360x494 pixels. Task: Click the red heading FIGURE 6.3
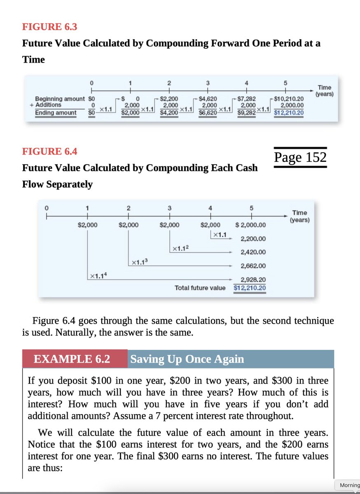click(x=49, y=27)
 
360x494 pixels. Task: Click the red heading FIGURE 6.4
click(x=49, y=151)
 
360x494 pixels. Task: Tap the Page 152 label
click(x=300, y=157)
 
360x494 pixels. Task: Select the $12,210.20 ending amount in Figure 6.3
click(x=288, y=113)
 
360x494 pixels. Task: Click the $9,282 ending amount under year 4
click(x=247, y=113)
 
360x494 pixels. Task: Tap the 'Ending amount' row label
click(x=56, y=113)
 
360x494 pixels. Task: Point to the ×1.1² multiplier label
click(x=181, y=248)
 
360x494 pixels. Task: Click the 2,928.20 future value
click(x=253, y=280)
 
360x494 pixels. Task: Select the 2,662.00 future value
click(x=253, y=266)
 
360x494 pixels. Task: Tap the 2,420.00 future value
click(x=253, y=252)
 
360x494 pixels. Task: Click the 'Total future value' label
click(x=200, y=288)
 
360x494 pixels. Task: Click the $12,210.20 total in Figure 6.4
click(x=250, y=288)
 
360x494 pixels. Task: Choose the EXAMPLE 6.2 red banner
click(x=72, y=359)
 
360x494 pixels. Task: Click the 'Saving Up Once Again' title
click(x=187, y=359)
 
